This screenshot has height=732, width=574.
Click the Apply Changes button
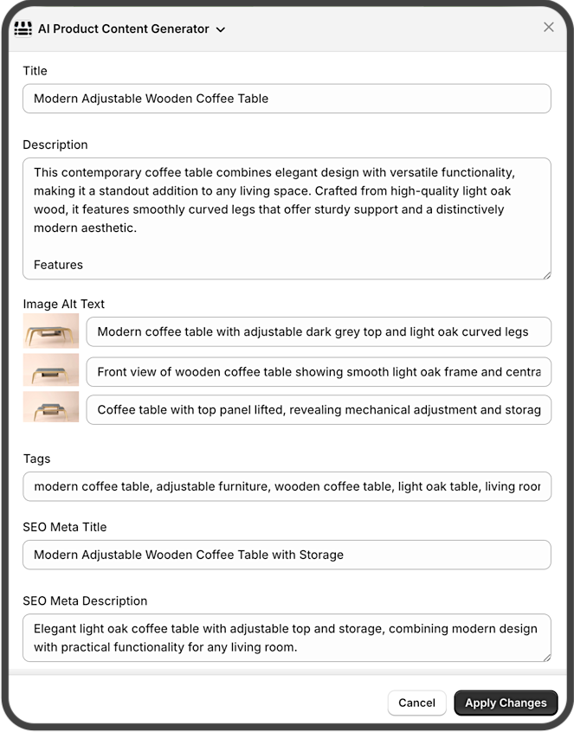(x=506, y=703)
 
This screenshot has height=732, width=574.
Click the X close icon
(x=549, y=27)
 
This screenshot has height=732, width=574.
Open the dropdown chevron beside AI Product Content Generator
(x=221, y=29)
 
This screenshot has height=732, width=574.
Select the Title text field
(x=287, y=99)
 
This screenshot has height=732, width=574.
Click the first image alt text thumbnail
(x=51, y=331)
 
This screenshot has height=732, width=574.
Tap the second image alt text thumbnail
(x=51, y=370)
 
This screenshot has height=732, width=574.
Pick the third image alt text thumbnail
(x=51, y=408)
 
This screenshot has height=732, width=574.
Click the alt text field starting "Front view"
(x=319, y=372)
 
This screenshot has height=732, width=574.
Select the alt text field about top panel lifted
(x=319, y=410)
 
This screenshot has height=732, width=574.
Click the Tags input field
(x=287, y=486)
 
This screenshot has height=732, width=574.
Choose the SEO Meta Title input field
(x=287, y=555)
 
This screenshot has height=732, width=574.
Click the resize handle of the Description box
(x=546, y=274)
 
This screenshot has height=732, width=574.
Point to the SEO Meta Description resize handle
(x=546, y=657)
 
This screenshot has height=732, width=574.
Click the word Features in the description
(x=58, y=265)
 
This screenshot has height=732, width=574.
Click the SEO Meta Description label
(x=85, y=600)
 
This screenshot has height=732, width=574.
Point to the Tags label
(x=36, y=459)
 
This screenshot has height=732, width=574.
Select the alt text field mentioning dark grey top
(x=319, y=331)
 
